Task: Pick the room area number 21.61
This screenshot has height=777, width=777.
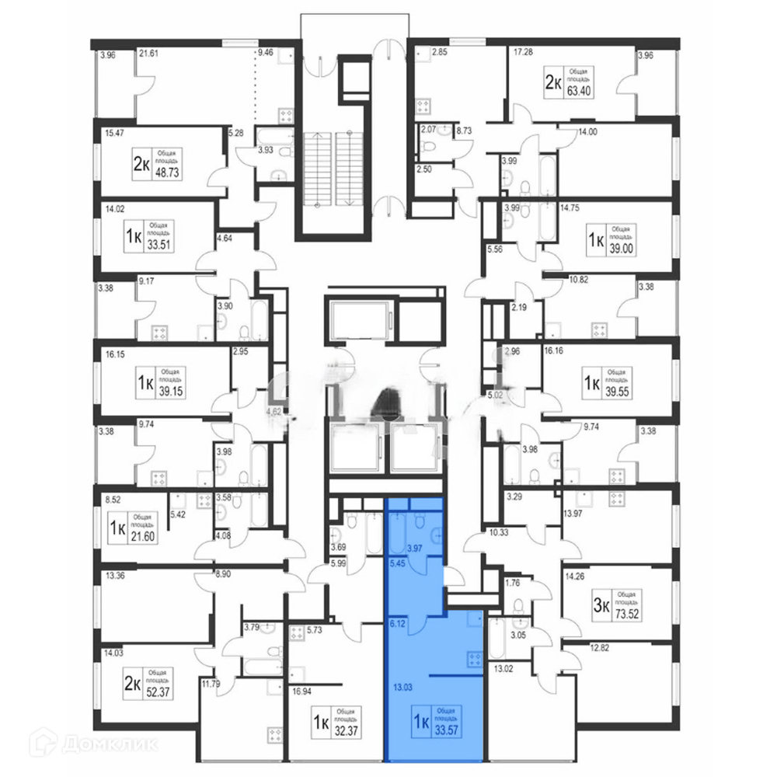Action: tap(148, 54)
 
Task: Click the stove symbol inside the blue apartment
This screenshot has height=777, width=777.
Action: tap(472, 659)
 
